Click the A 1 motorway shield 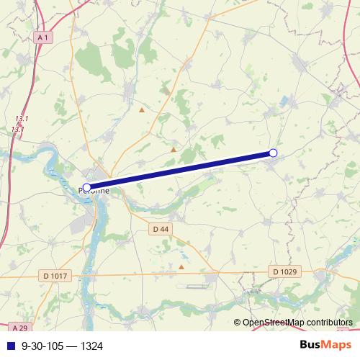[x=43, y=37]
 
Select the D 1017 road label [x=55, y=275]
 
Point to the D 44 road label [x=161, y=229]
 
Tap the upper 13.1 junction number [x=22, y=118]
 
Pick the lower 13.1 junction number [x=18, y=129]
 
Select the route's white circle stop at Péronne [x=87, y=187]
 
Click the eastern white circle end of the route [x=273, y=153]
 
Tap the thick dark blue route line [x=180, y=170]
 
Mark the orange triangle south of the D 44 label [x=181, y=266]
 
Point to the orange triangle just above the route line [x=174, y=149]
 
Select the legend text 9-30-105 [x=45, y=346]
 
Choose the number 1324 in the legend [x=91, y=346]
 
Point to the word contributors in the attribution [x=329, y=322]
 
